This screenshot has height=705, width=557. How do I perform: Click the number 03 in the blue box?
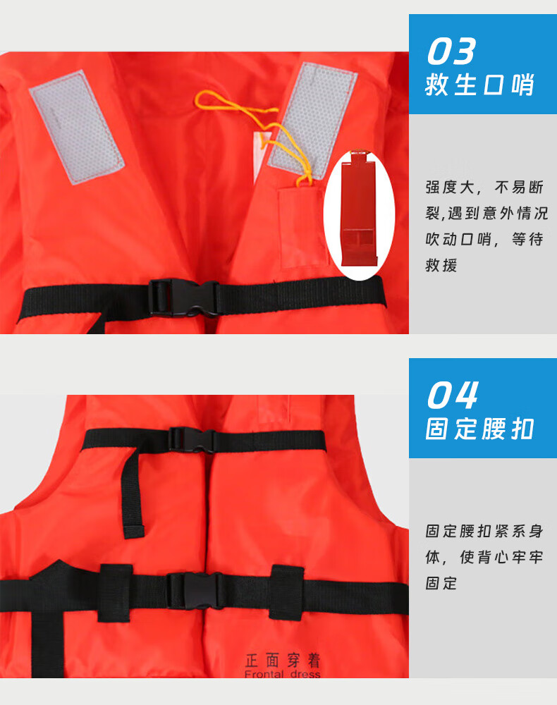451,51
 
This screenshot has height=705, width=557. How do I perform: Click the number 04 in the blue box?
453,396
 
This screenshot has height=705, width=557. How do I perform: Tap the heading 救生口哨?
479,85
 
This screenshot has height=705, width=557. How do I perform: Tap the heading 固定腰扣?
479,429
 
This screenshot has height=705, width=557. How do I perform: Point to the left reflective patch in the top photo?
77,127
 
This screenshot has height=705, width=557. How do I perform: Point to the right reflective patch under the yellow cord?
313,120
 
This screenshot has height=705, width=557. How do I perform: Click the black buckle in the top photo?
184,298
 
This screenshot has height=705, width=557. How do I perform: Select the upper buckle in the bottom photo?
192,439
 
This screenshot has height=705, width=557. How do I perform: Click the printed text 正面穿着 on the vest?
283,661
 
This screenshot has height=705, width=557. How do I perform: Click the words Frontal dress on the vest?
283,674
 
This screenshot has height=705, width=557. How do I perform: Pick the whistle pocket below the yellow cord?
302,228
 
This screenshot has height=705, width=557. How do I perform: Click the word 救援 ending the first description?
441,265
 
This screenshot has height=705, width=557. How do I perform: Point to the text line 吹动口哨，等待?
484,239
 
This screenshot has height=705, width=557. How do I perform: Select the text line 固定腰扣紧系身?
484,531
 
